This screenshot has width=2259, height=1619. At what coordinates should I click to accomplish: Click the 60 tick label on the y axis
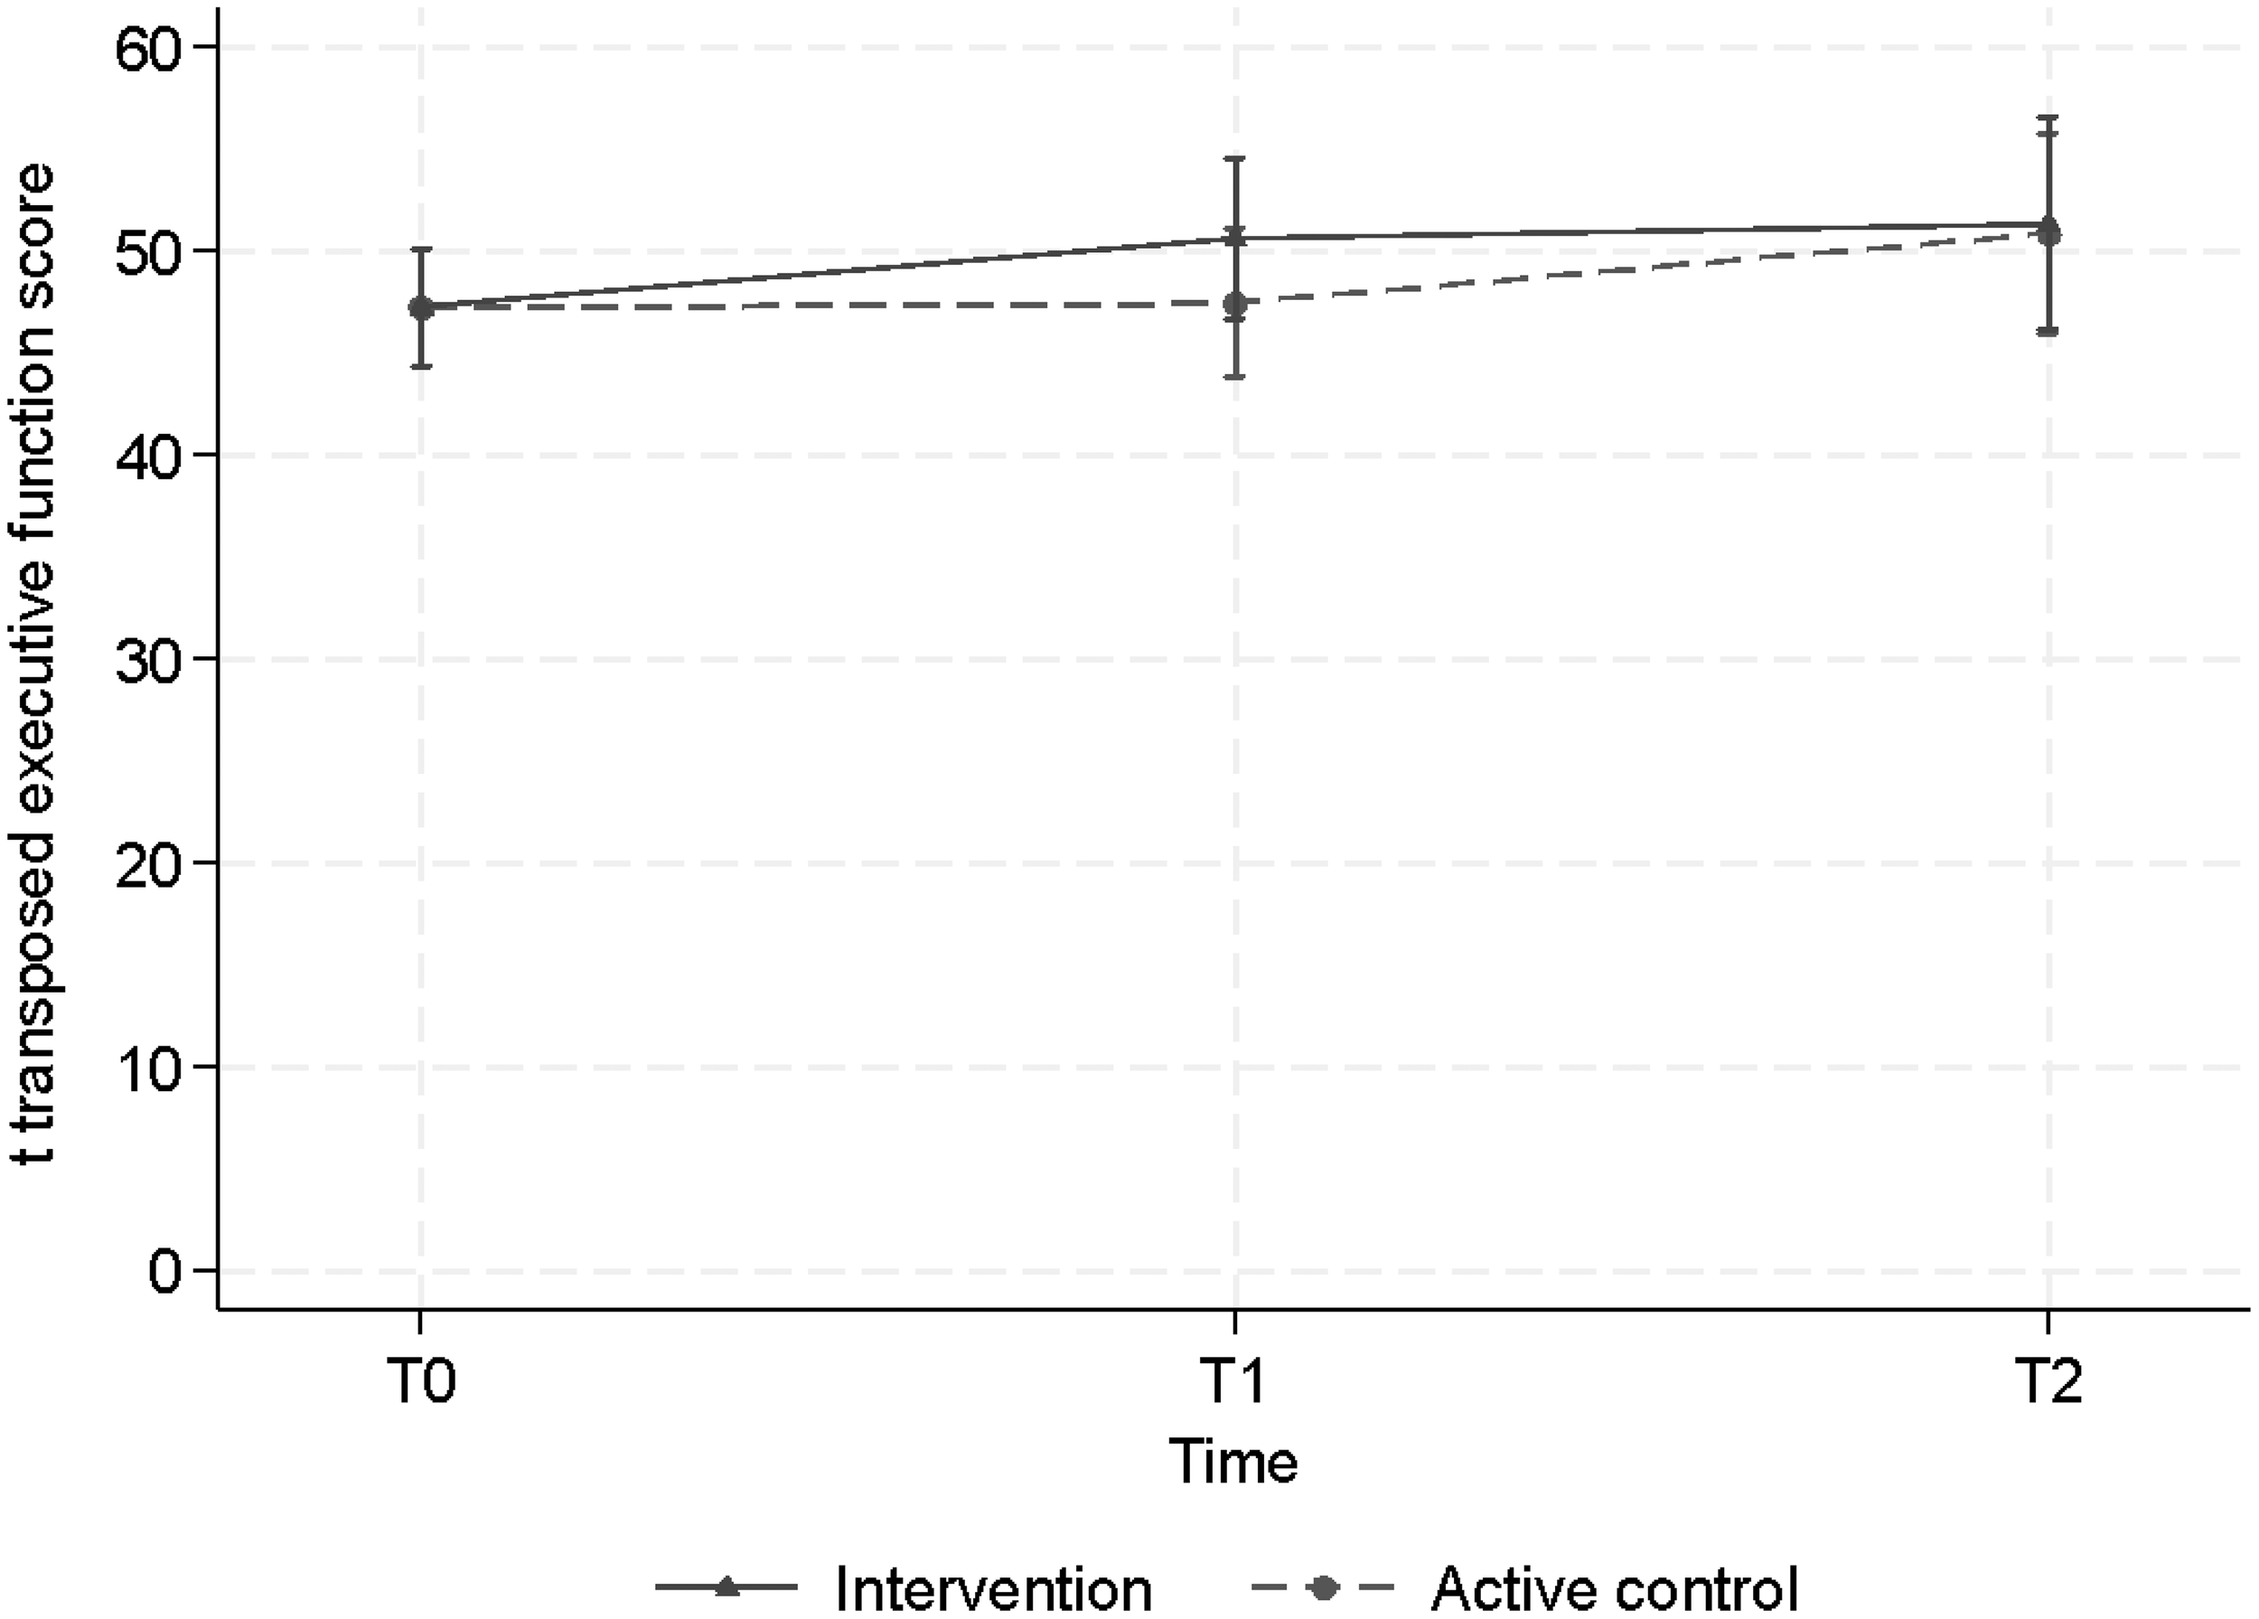tap(153, 48)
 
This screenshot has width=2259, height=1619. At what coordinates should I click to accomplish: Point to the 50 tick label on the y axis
tap(153, 252)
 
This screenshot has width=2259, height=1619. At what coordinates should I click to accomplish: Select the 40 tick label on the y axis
tap(153, 456)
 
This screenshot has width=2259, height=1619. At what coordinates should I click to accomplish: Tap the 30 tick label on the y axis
tap(153, 660)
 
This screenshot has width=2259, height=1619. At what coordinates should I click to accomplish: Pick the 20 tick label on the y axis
tap(153, 862)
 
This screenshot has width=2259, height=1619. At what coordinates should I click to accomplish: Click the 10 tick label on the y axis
tap(153, 1067)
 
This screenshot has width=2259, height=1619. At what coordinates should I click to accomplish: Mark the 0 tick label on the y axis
tap(169, 1272)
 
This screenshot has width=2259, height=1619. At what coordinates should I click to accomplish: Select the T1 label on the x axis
tap(1234, 1382)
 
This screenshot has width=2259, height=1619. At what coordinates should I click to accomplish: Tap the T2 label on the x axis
tap(2047, 1382)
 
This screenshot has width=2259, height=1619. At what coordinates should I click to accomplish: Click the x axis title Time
tap(1234, 1463)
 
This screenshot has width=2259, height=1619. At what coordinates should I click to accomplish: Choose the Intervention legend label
tap(993, 1588)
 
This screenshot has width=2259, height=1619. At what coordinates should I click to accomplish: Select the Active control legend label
tap(1615, 1588)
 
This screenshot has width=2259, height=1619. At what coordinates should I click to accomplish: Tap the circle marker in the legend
tap(1323, 1588)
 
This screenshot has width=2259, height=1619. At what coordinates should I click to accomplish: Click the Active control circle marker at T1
tap(1235, 304)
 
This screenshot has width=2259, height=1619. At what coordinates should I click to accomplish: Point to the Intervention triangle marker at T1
tap(1235, 237)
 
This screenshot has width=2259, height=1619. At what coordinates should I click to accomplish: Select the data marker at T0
tap(421, 308)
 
